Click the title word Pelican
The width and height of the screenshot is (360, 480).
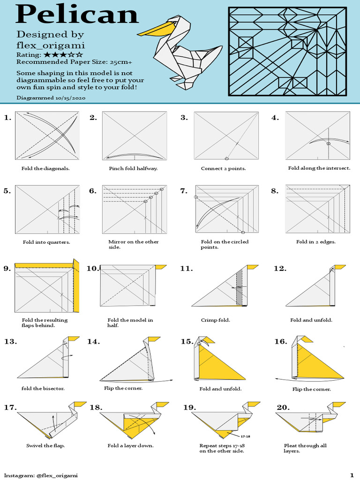[x=77, y=15]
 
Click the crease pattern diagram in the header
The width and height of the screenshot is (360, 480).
[x=288, y=52]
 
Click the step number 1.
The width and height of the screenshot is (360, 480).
[x=7, y=118]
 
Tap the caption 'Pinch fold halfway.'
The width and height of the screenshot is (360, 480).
[x=133, y=168]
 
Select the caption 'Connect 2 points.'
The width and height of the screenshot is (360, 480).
[x=223, y=168]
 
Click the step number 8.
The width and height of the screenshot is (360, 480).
[x=275, y=191]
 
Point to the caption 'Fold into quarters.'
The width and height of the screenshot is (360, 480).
[x=46, y=242]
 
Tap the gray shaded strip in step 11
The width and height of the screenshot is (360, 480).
[x=240, y=287]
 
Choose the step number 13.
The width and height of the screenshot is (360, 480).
[x=10, y=341]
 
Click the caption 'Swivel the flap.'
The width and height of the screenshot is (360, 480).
[x=45, y=445]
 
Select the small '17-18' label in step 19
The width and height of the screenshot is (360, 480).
[x=246, y=436]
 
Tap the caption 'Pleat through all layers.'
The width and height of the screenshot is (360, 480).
[x=305, y=448]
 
